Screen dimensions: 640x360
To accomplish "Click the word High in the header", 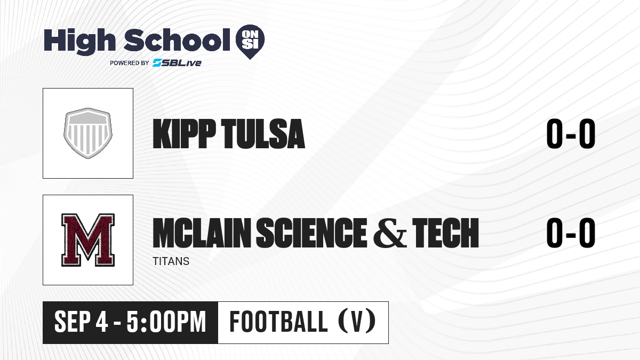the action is point(79,41).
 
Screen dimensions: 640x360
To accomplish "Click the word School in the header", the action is point(177,40).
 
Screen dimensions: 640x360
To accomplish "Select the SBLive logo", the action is point(177,63).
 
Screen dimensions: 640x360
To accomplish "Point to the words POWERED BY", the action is point(129,63).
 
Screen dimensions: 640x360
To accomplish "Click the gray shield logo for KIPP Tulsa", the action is point(88,133).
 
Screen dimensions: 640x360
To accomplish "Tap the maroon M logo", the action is point(88,240).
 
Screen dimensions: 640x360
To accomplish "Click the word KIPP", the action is point(185,133).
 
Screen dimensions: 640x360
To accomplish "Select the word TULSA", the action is point(263,134).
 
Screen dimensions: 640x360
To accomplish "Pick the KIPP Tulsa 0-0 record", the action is point(571,134).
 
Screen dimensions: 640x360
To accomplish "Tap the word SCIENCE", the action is point(311,233).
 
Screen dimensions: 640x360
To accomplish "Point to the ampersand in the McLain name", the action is point(390,233).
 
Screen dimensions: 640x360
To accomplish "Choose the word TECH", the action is point(445,233).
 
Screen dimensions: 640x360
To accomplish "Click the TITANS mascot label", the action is point(171,261).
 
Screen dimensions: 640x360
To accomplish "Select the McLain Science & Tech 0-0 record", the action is point(571,233).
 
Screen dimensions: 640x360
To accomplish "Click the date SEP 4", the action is point(81,322).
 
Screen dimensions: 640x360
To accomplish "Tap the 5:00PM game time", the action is point(166,322).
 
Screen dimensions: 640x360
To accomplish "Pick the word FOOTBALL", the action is point(278,322).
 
